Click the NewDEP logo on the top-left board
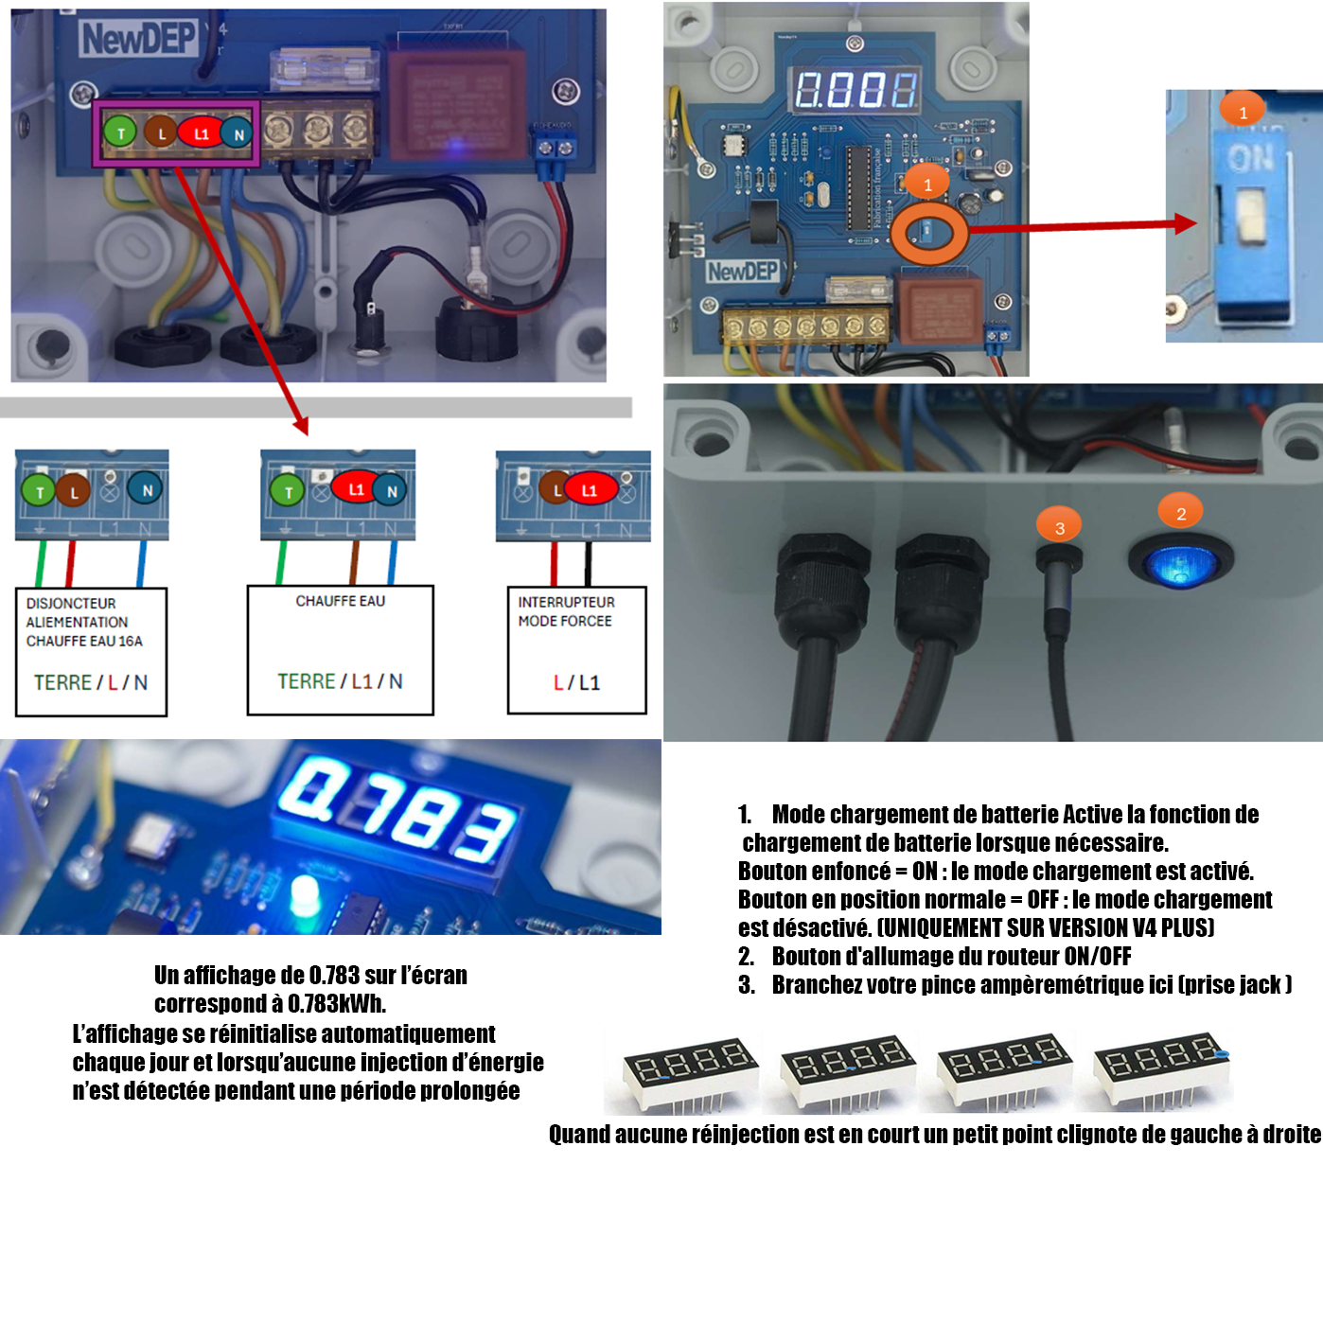tap(138, 39)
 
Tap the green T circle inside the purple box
tap(120, 132)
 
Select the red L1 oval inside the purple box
tap(201, 132)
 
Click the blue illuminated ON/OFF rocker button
tap(1180, 564)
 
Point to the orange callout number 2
tap(1180, 513)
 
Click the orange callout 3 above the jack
tap(1059, 527)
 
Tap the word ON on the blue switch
tap(1251, 158)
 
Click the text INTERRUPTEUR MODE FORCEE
tap(566, 611)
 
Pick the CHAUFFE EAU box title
tap(340, 601)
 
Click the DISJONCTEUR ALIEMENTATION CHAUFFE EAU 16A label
tap(83, 622)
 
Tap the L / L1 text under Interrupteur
tap(576, 682)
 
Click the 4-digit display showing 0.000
tap(856, 90)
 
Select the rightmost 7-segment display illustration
tap(1162, 1069)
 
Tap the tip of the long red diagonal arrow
tap(305, 432)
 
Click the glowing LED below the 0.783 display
tap(306, 894)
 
